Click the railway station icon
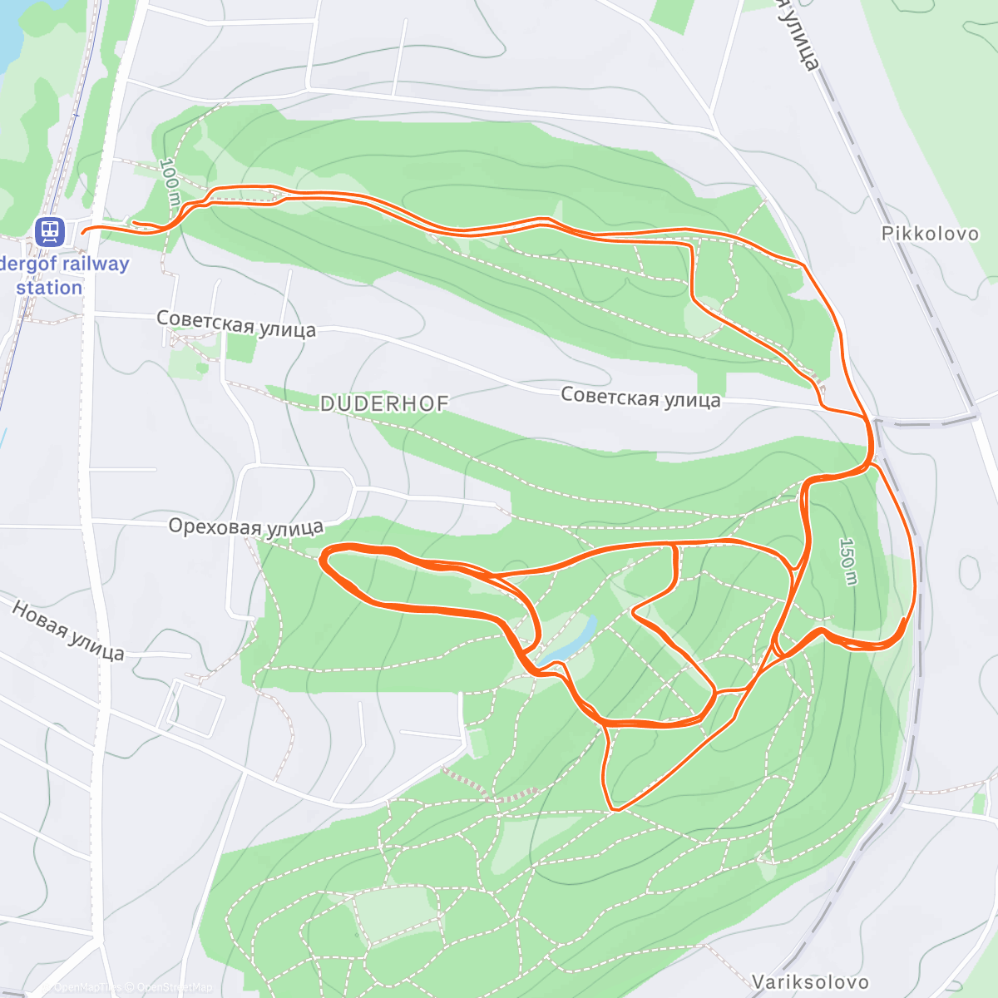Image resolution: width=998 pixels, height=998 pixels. [x=50, y=230]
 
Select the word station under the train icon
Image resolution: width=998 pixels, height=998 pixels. [x=49, y=288]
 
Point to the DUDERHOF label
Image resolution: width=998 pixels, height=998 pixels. [x=384, y=404]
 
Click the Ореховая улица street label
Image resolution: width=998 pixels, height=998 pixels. [x=245, y=527]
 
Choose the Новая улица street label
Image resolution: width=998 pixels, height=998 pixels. [x=68, y=631]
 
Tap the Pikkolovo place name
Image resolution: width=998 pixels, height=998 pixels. [x=930, y=234]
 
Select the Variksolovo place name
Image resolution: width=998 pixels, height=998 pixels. [x=810, y=982]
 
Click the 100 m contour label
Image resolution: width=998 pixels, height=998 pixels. [x=170, y=182]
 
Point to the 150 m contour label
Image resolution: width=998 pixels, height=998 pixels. [x=847, y=561]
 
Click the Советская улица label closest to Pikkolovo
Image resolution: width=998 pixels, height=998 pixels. [x=640, y=398]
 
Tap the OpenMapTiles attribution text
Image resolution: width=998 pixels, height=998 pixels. [x=87, y=988]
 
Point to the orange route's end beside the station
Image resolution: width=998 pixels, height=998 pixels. [x=84, y=229]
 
